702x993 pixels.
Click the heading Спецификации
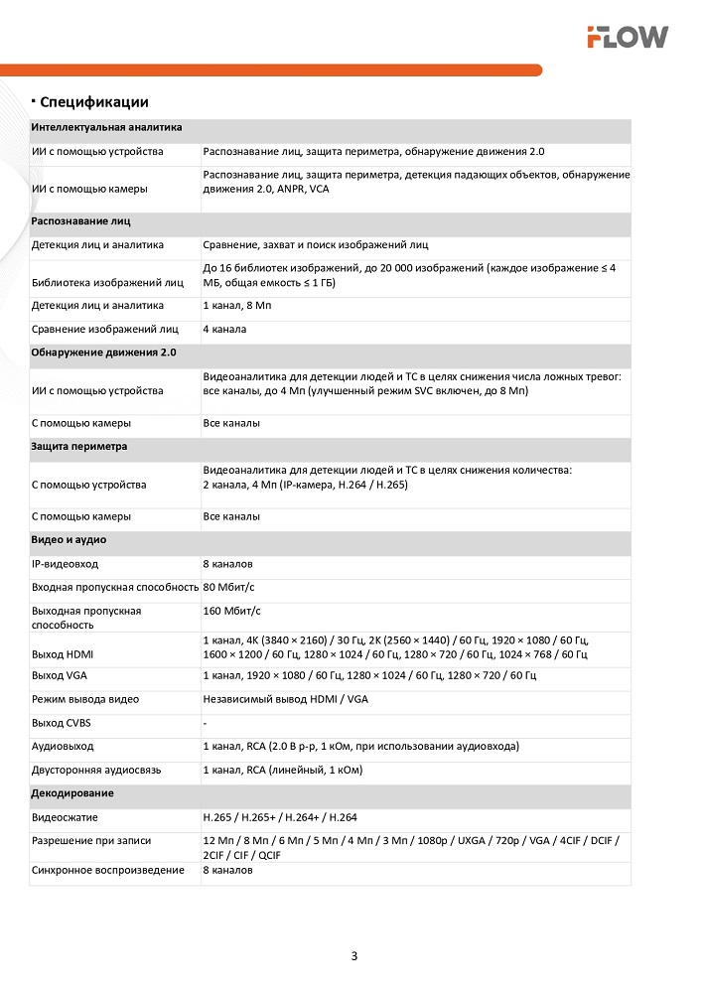tap(94, 101)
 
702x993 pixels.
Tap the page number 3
tap(354, 956)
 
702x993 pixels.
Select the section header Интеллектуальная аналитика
tap(106, 128)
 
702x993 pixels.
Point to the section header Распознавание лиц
tap(80, 220)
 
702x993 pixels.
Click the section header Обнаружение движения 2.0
tap(103, 353)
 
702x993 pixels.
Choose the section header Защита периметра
tap(79, 447)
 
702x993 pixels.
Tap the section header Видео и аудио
tap(69, 540)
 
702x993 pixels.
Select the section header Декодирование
tap(72, 793)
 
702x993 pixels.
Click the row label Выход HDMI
tap(64, 654)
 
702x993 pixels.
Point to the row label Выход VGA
tap(61, 675)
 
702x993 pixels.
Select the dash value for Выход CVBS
tap(206, 723)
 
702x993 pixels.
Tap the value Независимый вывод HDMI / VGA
tap(285, 699)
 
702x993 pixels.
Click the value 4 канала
tap(224, 329)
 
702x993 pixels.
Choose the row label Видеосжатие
tap(65, 817)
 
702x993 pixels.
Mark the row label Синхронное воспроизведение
tap(108, 871)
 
